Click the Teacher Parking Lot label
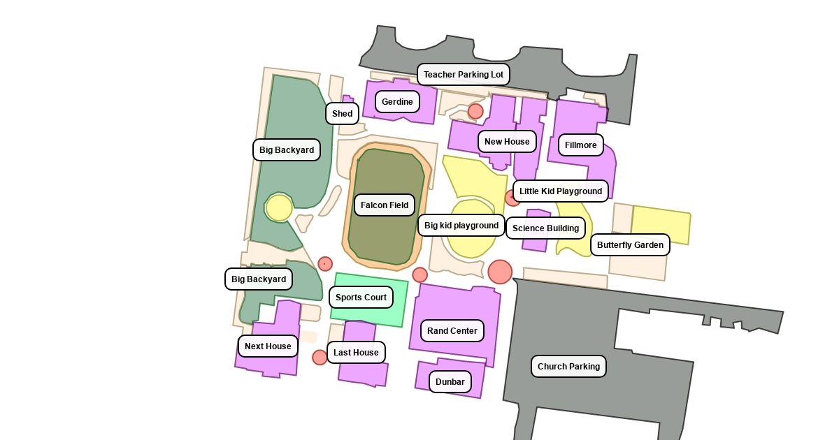(463, 75)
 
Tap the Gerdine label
(397, 102)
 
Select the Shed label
(342, 114)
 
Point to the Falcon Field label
(385, 205)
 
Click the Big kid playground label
(461, 226)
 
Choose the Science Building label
(545, 228)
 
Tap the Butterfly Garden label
(630, 245)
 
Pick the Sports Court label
(361, 298)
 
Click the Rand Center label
(452, 331)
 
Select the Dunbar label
(450, 382)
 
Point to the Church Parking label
(568, 367)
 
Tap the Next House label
(268, 346)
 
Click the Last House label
(356, 353)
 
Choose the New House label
(507, 142)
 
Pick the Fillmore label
(580, 145)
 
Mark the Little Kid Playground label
(560, 191)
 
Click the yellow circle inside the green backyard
(279, 208)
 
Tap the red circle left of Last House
(320, 358)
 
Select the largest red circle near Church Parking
(500, 272)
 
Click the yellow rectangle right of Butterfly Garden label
(661, 223)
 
